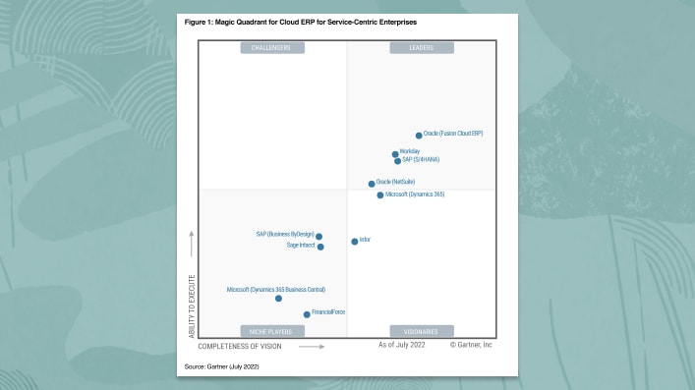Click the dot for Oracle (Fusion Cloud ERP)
click(419, 136)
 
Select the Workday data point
click(395, 154)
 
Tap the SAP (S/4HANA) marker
click(397, 161)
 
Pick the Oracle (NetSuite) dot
click(372, 184)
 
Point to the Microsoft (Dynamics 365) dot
click(380, 195)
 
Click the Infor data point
click(355, 241)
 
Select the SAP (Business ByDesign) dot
click(319, 237)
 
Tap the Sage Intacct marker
click(320, 247)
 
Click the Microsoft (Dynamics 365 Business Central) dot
click(278, 299)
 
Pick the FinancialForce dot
click(307, 314)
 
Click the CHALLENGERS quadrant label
click(272, 47)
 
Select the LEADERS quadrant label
click(421, 47)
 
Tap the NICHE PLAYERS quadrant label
click(272, 331)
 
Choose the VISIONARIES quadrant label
click(421, 331)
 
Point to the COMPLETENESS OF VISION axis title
click(239, 347)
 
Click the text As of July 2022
click(402, 345)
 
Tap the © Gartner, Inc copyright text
click(472, 345)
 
